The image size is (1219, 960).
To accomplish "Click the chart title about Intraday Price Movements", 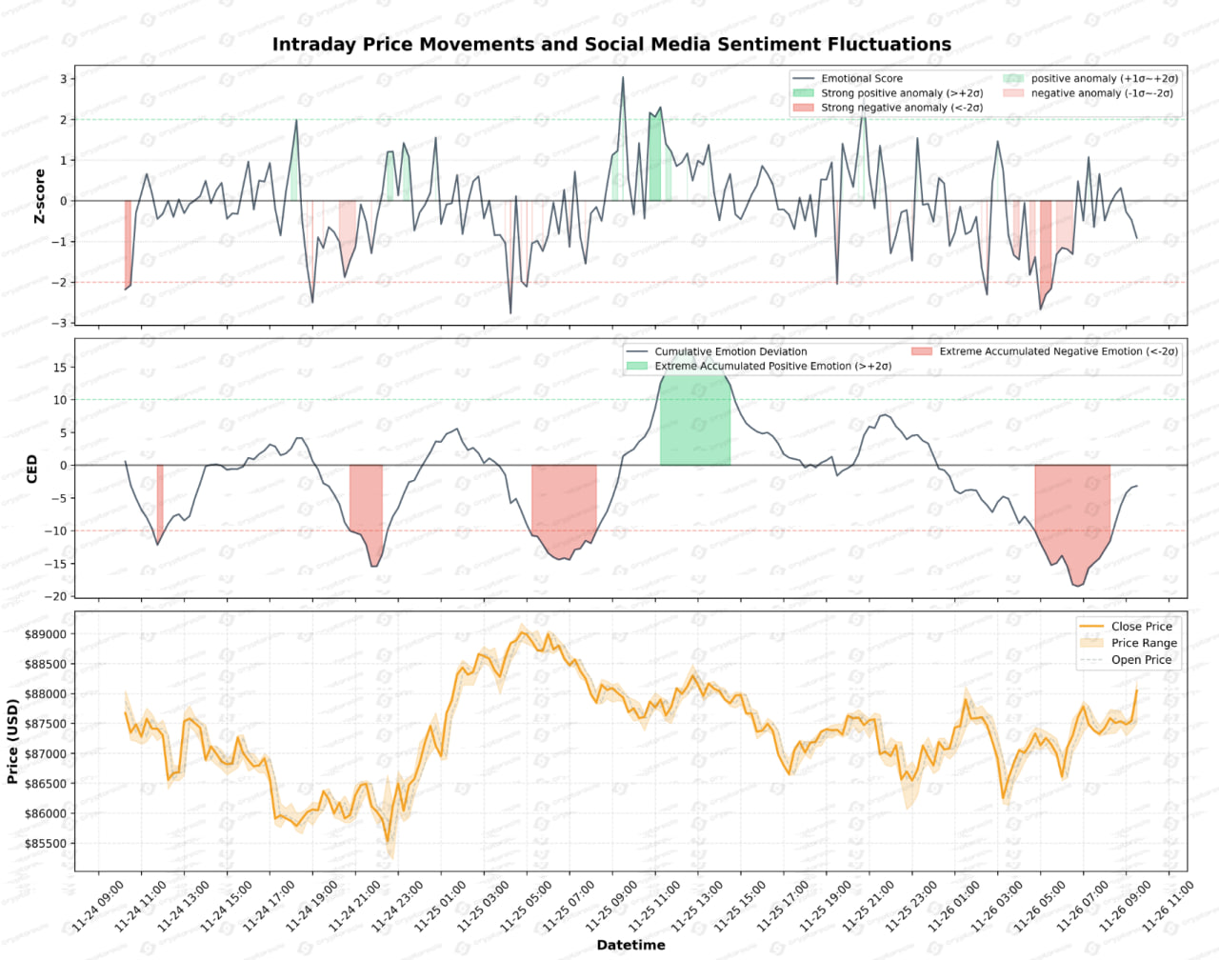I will coord(611,45).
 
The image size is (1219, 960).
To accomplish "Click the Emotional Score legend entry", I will coord(861,78).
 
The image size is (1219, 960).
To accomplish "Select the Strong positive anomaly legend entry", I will coord(901,93).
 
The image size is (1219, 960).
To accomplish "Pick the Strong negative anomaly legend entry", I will coord(901,108).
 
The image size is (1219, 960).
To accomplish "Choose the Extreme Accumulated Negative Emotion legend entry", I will coord(1057,351).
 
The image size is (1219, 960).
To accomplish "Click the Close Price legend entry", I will coord(1141,627).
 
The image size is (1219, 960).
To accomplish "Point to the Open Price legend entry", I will coord(1141,660).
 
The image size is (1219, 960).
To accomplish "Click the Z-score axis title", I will coord(40,196).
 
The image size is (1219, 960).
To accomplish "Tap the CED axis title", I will coord(32,469).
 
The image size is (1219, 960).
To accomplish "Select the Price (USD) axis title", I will coord(12,742).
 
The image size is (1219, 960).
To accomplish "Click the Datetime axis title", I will coord(630,945).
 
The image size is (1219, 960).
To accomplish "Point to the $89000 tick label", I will coord(46,635).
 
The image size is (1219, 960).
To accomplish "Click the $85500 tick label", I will coord(46,844).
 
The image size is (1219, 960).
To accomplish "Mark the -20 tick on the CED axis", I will coord(58,596).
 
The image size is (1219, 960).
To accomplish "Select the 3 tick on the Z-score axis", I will coord(64,79).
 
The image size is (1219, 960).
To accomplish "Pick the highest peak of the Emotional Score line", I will coord(623,78).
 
